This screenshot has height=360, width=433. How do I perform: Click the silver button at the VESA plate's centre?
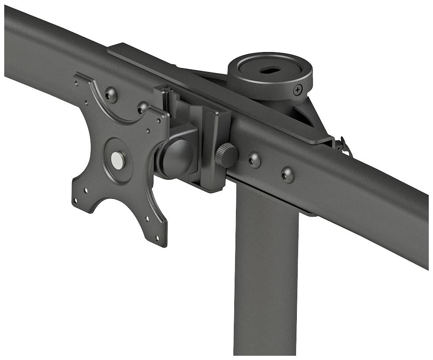(x=118, y=160)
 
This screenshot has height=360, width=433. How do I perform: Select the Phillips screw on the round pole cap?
(x=298, y=90)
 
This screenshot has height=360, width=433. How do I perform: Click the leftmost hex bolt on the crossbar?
(x=111, y=94)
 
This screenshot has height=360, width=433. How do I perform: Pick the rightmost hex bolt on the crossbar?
(x=288, y=174)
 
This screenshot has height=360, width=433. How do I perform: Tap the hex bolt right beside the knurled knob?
(x=254, y=160)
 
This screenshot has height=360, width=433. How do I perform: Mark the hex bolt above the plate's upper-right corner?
(x=143, y=107)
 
